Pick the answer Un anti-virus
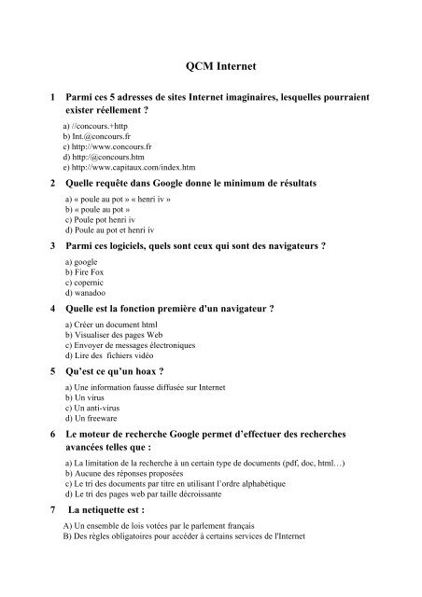(92, 408)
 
